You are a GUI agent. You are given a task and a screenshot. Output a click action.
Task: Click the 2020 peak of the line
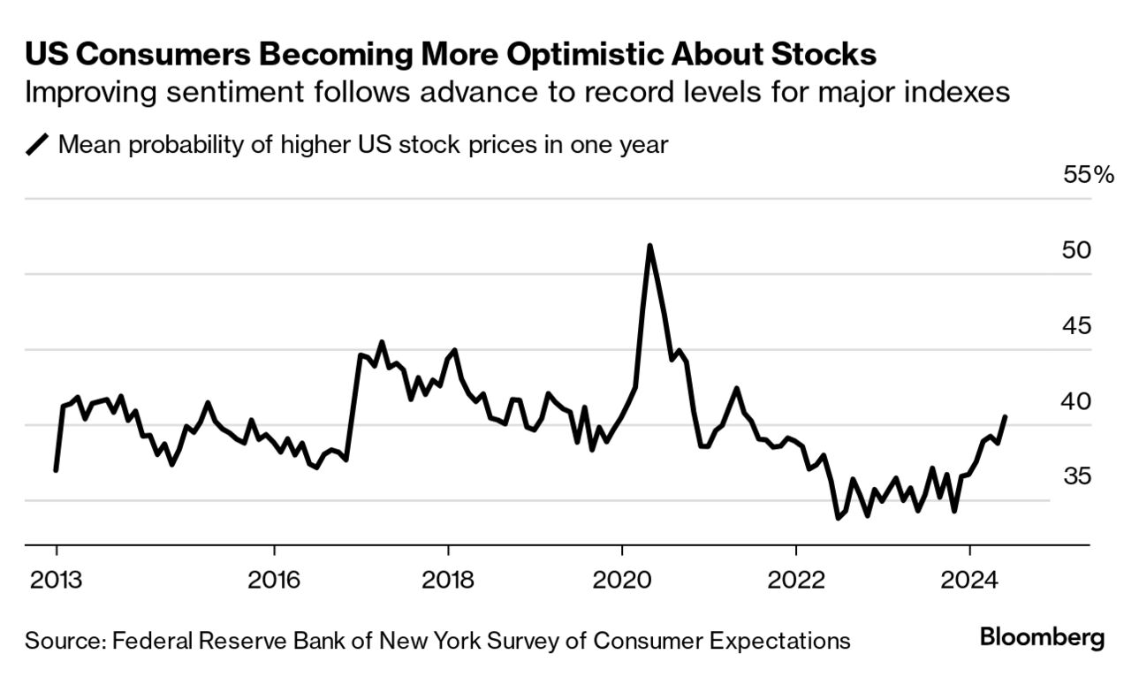[649, 246]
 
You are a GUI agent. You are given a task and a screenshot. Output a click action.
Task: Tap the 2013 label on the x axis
[56, 580]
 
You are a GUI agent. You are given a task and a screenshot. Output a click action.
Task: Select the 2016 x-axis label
[274, 580]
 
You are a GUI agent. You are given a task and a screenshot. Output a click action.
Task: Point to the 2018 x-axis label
[448, 580]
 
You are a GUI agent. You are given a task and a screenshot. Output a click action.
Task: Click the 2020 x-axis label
[622, 580]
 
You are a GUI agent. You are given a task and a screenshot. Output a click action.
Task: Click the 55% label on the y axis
[1089, 174]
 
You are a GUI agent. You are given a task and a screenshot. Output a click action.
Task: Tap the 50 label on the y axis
[1076, 250]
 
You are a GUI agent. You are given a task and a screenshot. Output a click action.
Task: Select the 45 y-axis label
[1076, 326]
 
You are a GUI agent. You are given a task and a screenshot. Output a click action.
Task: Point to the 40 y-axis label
[1076, 401]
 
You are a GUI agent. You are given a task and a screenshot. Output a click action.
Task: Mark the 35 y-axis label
[1076, 477]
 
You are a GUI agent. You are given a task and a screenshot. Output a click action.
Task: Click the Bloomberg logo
[1042, 638]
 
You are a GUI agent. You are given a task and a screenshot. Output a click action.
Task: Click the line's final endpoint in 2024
[1006, 416]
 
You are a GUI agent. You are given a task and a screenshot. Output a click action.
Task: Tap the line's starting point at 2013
[56, 470]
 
